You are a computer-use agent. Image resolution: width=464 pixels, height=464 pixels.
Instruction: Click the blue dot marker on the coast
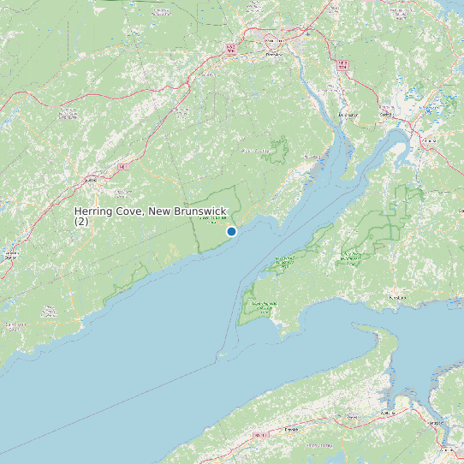231,231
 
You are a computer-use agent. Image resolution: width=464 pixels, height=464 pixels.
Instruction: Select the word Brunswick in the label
205,211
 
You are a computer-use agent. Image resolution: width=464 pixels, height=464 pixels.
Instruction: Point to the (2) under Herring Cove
81,222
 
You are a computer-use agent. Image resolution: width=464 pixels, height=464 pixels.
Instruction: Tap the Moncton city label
273,40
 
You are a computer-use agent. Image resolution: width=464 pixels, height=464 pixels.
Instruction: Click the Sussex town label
92,181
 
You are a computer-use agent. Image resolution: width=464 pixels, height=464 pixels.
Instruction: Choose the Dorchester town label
348,114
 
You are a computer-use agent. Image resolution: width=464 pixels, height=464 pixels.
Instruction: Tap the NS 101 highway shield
259,435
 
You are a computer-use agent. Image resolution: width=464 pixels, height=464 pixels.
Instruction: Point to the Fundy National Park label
206,220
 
